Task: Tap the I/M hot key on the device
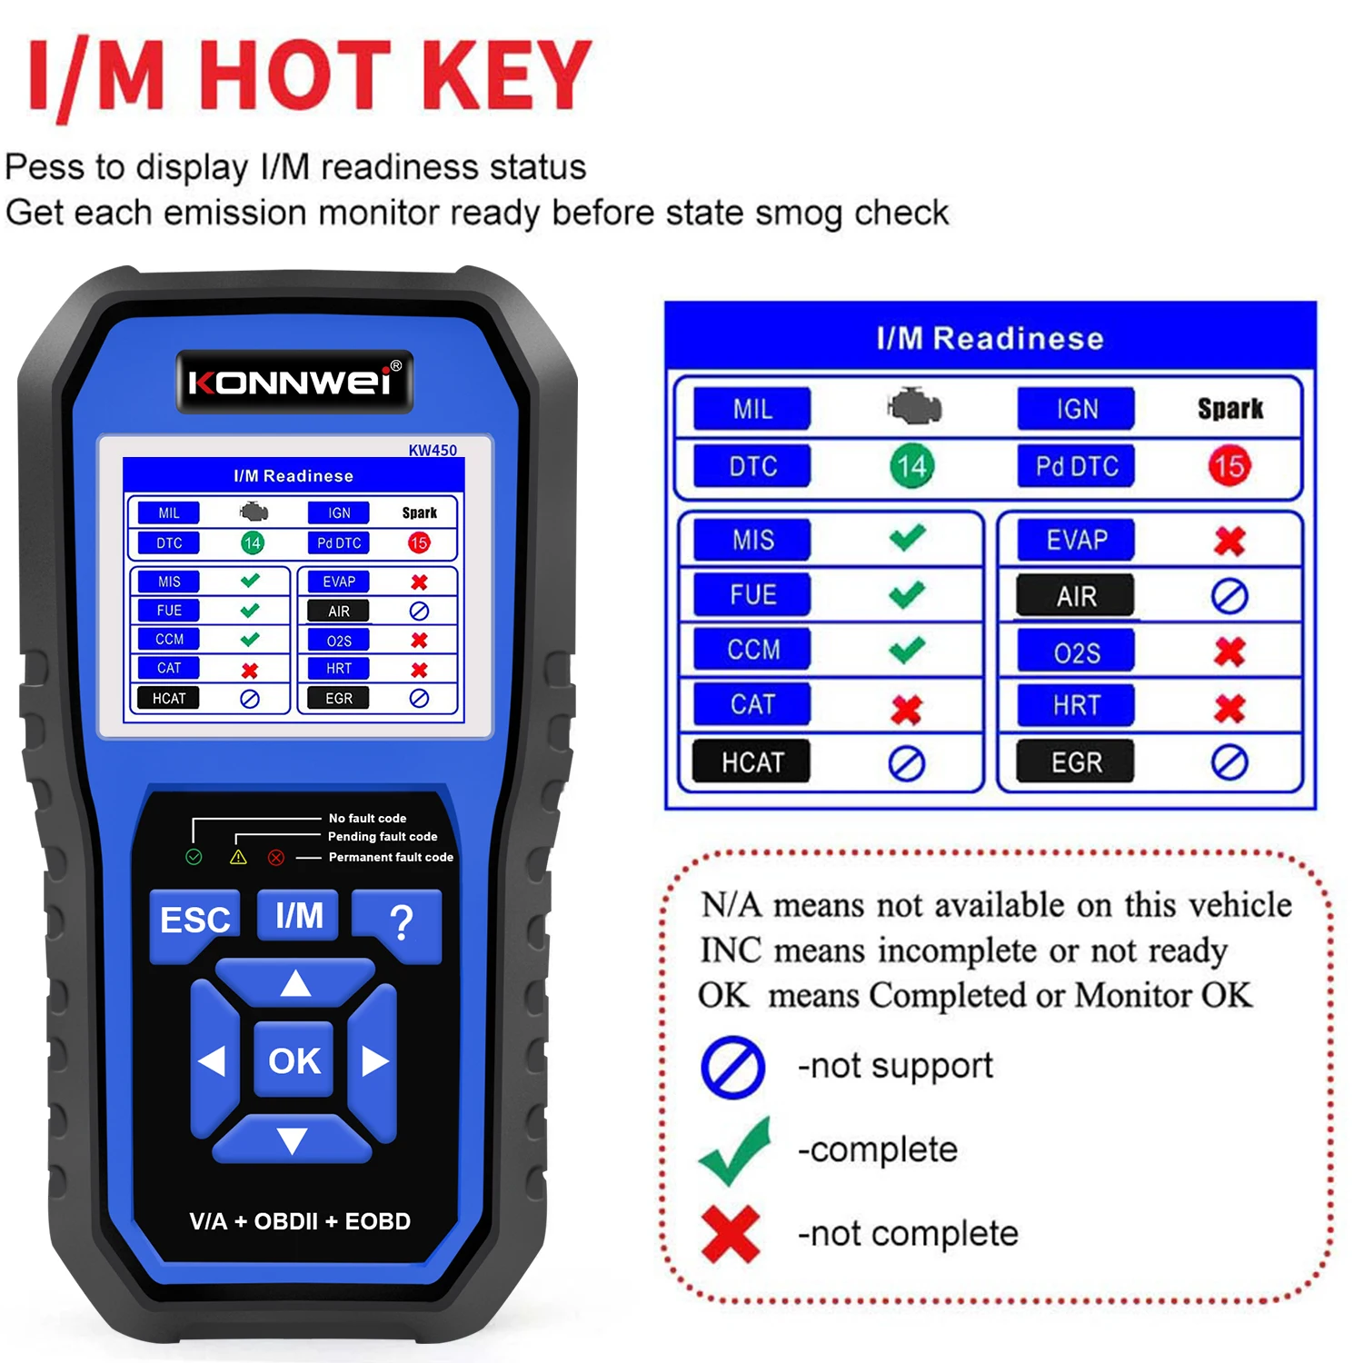tap(298, 916)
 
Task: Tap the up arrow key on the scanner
tap(295, 983)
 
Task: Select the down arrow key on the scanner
tap(293, 1141)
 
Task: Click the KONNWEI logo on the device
tap(294, 382)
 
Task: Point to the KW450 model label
tap(433, 450)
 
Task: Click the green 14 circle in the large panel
tap(911, 466)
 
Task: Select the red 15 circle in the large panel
tap(1229, 466)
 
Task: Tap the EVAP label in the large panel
tap(1076, 541)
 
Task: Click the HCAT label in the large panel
tap(751, 762)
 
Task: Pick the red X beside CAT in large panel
tap(906, 709)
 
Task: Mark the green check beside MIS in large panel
tap(907, 538)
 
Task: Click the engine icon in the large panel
tap(915, 407)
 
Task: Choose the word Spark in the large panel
tap(1230, 409)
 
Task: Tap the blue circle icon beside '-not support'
tap(732, 1067)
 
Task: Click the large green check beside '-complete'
tap(735, 1152)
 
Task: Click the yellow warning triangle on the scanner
tap(238, 857)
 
